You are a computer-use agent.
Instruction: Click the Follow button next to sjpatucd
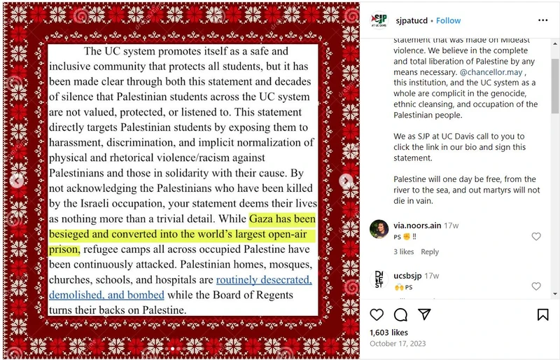tap(449, 21)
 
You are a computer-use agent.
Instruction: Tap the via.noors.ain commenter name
tap(416, 226)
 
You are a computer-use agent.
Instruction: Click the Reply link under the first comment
tap(430, 252)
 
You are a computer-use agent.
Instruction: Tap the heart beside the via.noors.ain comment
tap(536, 237)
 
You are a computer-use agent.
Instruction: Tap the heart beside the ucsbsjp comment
tap(536, 286)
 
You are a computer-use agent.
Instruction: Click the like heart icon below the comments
tap(377, 314)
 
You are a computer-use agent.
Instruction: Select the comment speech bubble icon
tap(400, 314)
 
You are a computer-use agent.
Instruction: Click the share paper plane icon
tap(424, 314)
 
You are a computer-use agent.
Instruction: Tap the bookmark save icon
tap(542, 314)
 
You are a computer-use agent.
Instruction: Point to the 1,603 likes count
tap(388, 333)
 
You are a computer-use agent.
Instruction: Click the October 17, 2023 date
tap(398, 344)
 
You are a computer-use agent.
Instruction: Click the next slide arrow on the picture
tap(346, 181)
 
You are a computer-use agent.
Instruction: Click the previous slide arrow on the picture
tap(17, 181)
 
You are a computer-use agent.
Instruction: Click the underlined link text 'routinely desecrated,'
tap(264, 280)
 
